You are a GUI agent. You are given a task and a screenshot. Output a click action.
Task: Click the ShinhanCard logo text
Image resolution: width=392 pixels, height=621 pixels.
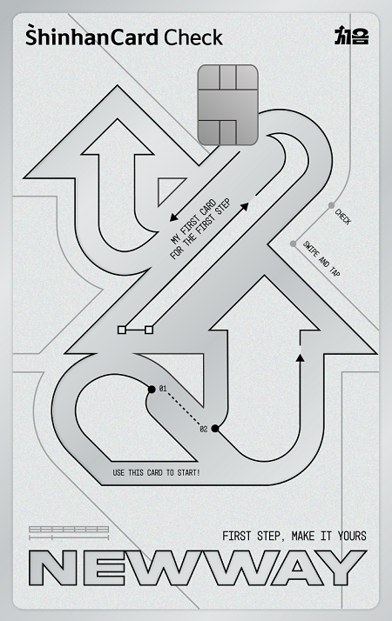point(92,37)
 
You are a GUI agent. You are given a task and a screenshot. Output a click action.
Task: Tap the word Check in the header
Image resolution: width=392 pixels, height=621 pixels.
point(193,37)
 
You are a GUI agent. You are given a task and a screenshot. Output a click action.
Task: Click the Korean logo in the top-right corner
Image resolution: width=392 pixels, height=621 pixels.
point(352,36)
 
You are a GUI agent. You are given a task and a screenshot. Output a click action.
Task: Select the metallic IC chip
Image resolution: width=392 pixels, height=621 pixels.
point(227,105)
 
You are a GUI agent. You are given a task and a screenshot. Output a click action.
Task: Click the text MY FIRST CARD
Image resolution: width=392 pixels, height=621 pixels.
point(193,222)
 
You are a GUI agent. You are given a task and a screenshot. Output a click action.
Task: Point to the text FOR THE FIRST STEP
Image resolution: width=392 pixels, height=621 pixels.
point(200,233)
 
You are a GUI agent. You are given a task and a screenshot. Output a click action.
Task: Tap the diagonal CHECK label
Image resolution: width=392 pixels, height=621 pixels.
point(343,217)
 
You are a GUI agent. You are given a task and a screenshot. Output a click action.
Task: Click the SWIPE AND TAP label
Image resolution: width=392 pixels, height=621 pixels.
point(321,258)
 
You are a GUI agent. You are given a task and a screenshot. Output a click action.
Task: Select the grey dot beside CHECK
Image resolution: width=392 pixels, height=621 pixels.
point(331,205)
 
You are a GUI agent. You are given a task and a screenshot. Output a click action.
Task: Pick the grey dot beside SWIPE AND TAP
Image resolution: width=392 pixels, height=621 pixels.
point(294,244)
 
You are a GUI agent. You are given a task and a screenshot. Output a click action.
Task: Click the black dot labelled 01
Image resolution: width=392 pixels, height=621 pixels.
point(152,390)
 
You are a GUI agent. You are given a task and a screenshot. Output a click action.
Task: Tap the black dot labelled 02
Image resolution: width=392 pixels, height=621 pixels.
point(215,428)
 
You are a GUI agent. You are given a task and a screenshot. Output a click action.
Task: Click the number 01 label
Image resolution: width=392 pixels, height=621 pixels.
point(163,389)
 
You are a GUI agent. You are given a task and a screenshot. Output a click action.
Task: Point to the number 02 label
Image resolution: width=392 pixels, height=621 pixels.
point(204,430)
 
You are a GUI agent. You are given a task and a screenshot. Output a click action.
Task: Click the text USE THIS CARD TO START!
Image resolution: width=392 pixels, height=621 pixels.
point(156,472)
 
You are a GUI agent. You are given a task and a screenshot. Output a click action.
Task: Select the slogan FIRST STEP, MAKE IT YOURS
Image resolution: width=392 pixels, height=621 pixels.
point(294,537)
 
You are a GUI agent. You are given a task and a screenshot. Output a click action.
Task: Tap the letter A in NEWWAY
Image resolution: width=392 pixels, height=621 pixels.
point(297,568)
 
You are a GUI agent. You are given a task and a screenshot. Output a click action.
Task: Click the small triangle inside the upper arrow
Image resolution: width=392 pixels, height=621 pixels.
point(169,190)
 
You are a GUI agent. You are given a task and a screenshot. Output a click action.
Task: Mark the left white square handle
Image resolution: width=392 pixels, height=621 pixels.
point(122,330)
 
